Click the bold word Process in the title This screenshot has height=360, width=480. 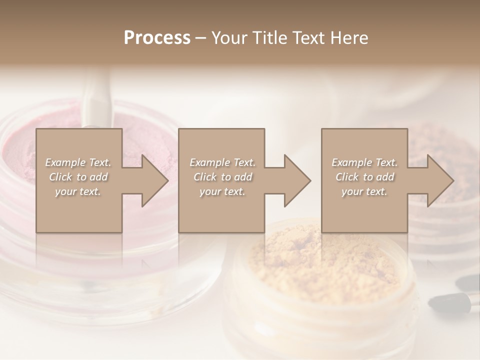pyautogui.click(x=157, y=38)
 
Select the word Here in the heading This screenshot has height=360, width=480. pyautogui.click(x=349, y=38)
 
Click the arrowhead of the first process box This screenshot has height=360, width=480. pyautogui.click(x=152, y=180)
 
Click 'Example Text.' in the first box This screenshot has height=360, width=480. pyautogui.click(x=78, y=162)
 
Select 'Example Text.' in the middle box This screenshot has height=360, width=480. pyautogui.click(x=222, y=162)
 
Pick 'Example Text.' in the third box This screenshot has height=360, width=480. pyautogui.click(x=364, y=162)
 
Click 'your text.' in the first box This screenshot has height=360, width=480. pyautogui.click(x=78, y=191)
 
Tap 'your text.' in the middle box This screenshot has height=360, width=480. pyautogui.click(x=222, y=191)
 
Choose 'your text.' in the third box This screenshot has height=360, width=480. pyautogui.click(x=364, y=191)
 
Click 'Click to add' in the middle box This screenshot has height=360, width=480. pyautogui.click(x=222, y=177)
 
